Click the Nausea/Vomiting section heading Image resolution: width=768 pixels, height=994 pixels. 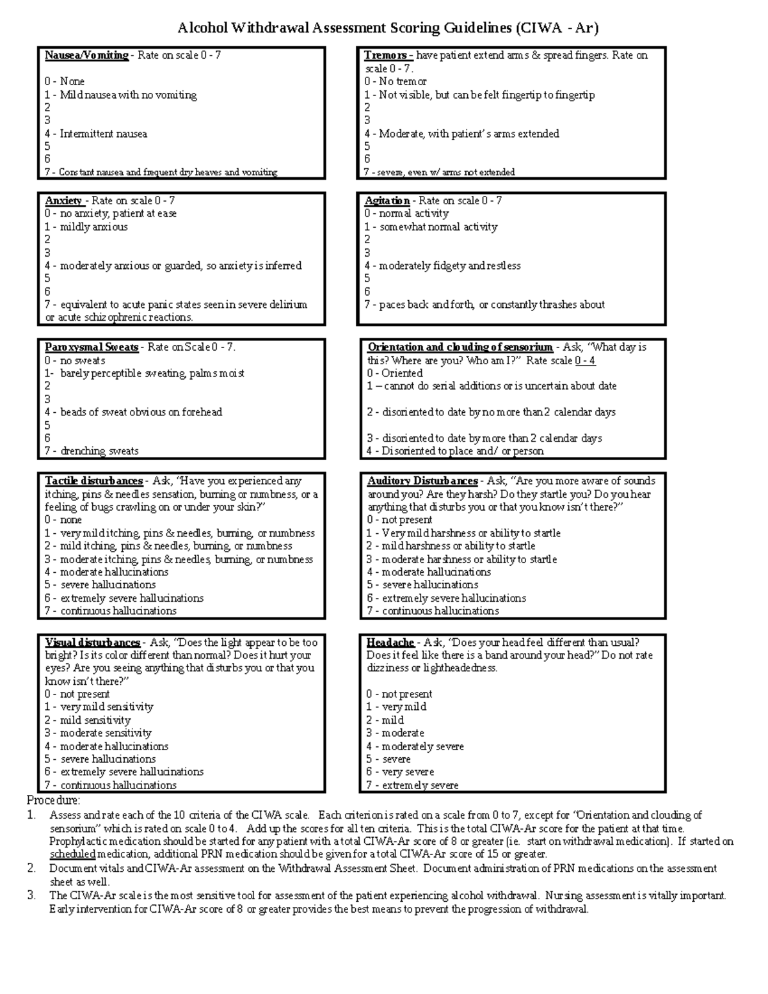(86, 56)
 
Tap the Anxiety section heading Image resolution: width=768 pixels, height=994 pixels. (64, 201)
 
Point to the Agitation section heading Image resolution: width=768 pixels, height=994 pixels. (387, 201)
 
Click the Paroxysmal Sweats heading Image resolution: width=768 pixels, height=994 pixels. (92, 348)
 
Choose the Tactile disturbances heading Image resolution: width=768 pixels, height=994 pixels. (94, 481)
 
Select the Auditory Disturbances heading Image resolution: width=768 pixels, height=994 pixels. (422, 481)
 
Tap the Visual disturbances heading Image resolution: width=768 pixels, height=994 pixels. (93, 643)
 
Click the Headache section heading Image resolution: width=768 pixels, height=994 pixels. (390, 643)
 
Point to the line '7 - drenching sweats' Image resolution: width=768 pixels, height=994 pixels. (92, 451)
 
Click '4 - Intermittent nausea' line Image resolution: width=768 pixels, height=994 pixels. (96, 134)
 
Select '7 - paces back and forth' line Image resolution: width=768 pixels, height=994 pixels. (484, 305)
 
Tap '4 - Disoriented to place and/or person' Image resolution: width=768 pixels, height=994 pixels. (455, 451)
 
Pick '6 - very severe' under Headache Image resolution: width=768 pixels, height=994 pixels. (400, 773)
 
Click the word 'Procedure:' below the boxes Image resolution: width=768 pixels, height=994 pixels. (53, 801)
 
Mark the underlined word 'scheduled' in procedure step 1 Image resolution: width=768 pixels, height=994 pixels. (72, 854)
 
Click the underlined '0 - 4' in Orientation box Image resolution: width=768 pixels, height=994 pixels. (585, 361)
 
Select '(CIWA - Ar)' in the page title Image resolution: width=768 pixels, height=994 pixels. (557, 28)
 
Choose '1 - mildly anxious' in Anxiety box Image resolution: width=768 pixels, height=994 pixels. (86, 227)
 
